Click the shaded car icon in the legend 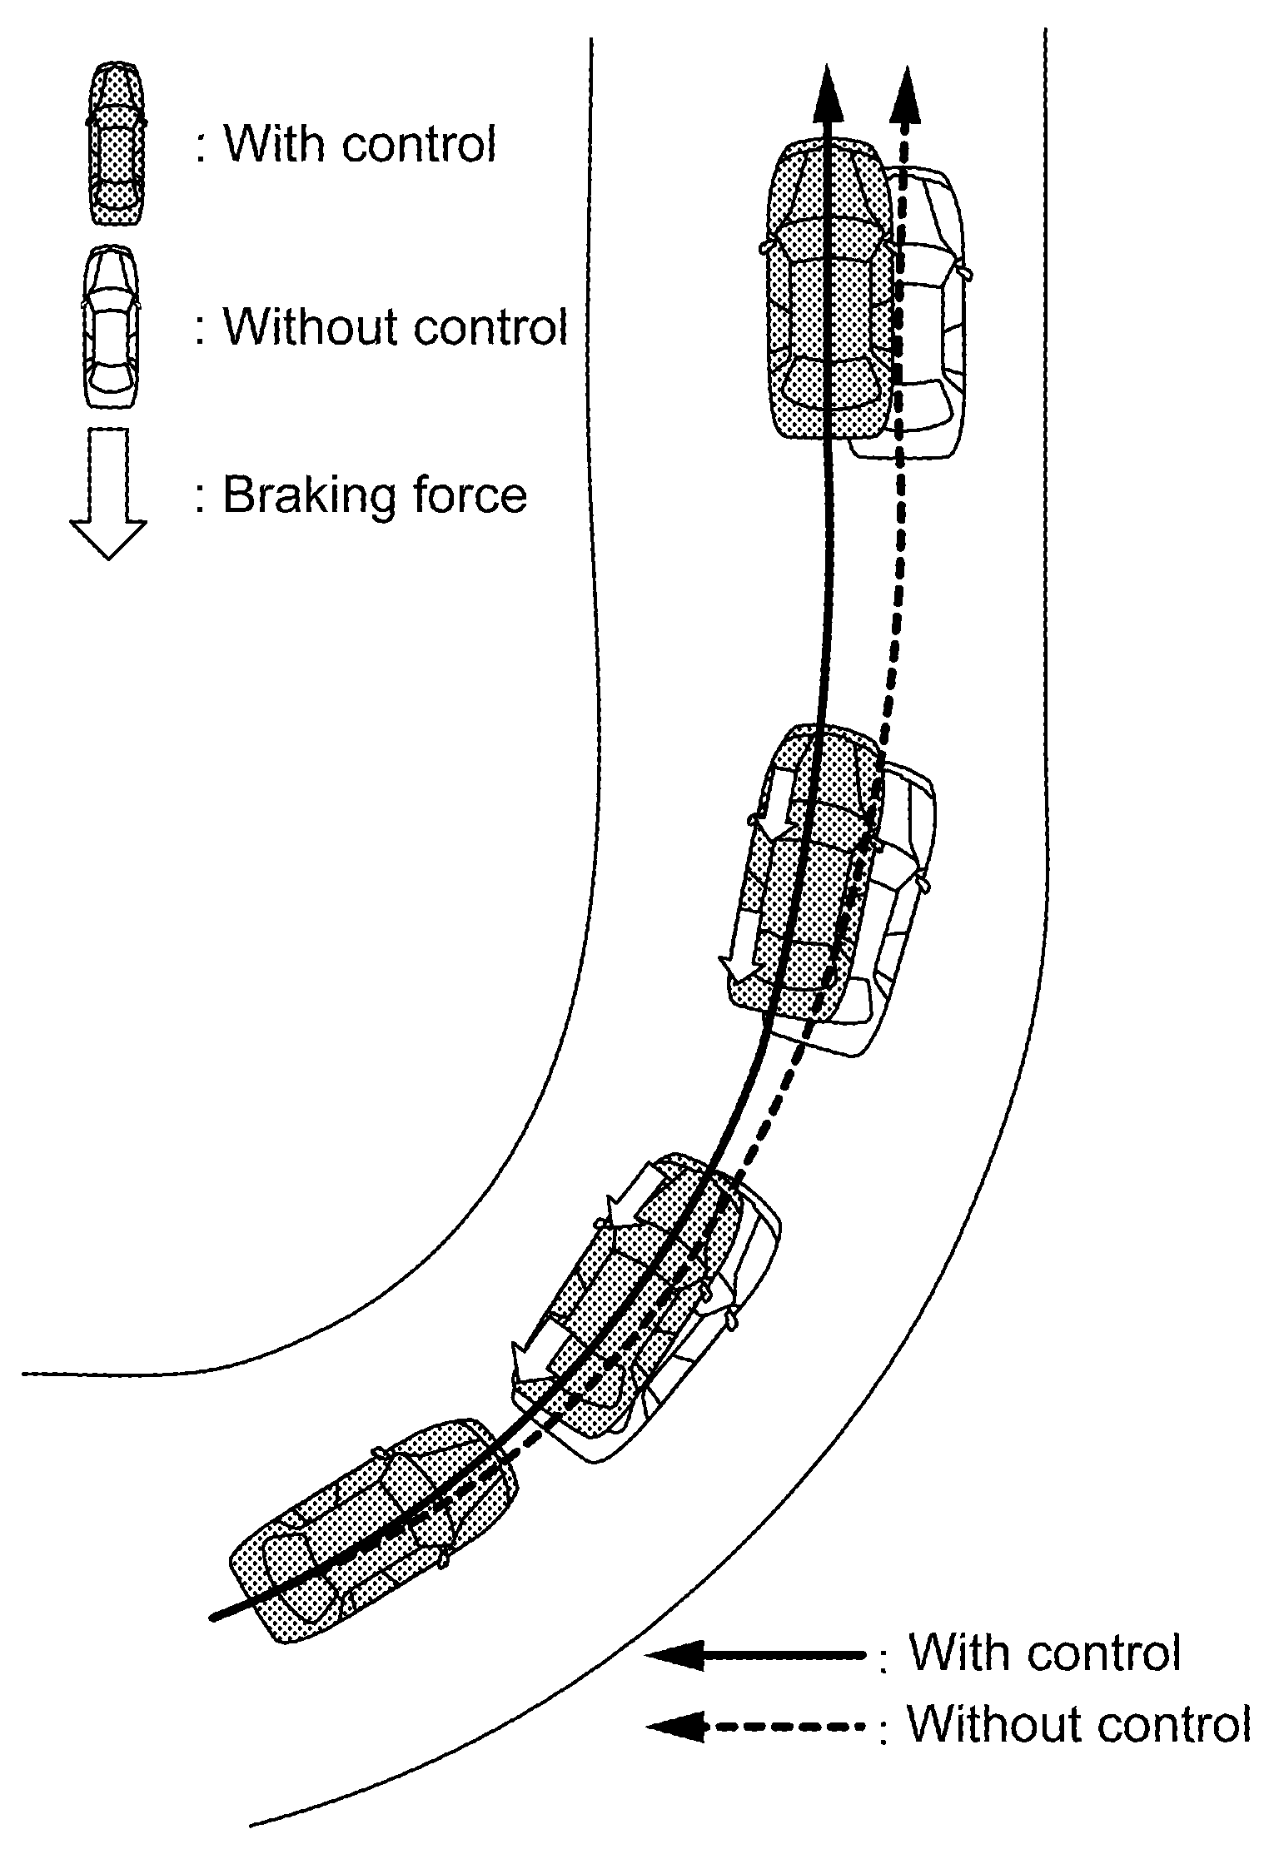(116, 143)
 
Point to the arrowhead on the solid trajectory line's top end (828, 96)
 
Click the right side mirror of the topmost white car (967, 272)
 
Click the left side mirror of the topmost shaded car (764, 247)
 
